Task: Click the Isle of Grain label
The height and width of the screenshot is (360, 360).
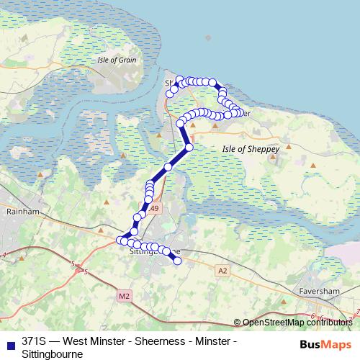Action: (x=117, y=60)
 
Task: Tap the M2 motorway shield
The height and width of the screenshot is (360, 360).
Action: (x=124, y=295)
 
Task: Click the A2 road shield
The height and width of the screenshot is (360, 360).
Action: (x=222, y=270)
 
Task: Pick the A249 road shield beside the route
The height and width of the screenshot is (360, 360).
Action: (x=156, y=207)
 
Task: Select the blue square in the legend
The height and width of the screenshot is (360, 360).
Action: (x=9, y=341)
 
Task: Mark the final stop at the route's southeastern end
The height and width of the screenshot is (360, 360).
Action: (x=177, y=261)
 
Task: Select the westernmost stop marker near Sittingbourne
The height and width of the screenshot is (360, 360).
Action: (x=120, y=240)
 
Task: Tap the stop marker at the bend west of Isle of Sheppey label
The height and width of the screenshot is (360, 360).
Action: (x=189, y=147)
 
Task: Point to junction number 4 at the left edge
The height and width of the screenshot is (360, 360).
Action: (x=4, y=256)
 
